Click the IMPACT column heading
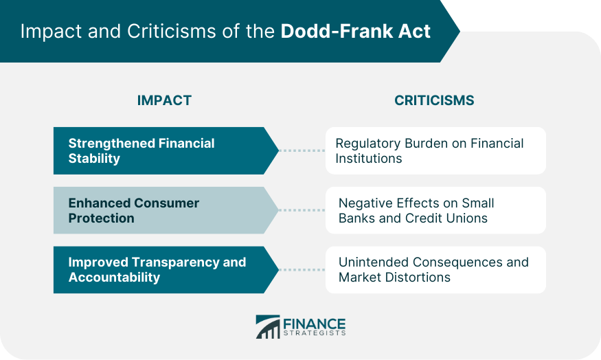tap(164, 100)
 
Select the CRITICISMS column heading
tap(434, 100)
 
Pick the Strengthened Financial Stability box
tap(166, 150)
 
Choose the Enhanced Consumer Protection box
tap(166, 210)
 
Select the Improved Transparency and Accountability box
tap(166, 270)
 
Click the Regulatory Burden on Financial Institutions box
tap(435, 150)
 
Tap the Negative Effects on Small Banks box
tap(435, 210)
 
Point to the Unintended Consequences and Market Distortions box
tap(435, 270)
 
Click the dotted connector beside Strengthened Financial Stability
tap(302, 150)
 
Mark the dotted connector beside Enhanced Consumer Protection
tap(302, 210)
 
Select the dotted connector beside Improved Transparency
tap(302, 270)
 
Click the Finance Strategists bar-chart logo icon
tap(268, 327)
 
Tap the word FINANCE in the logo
tap(315, 324)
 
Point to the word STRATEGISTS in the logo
tap(315, 333)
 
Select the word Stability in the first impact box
tap(94, 158)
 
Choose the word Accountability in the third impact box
tap(114, 277)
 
